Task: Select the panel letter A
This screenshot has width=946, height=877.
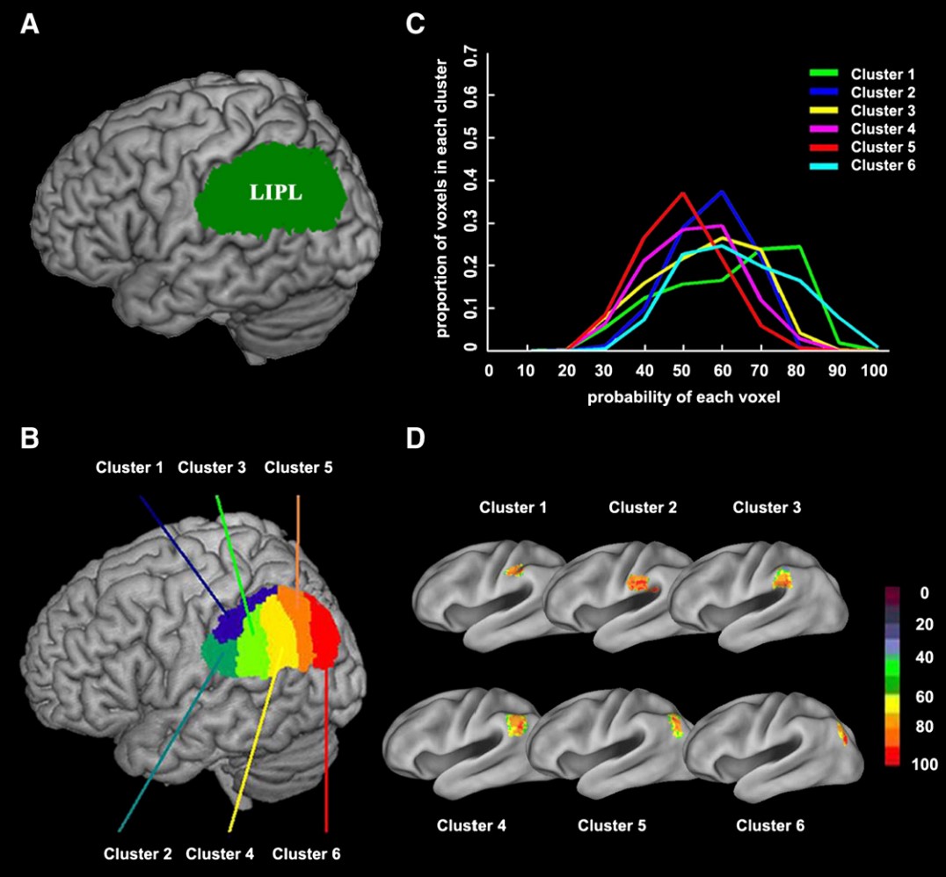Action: [30, 26]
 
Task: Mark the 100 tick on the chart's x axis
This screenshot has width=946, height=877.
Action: [876, 371]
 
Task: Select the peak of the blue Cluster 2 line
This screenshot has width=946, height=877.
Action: [721, 191]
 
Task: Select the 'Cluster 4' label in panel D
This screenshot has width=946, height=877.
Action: [470, 825]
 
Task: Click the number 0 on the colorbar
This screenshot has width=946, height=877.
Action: [899, 595]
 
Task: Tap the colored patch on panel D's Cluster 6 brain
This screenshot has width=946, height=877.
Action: [845, 733]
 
